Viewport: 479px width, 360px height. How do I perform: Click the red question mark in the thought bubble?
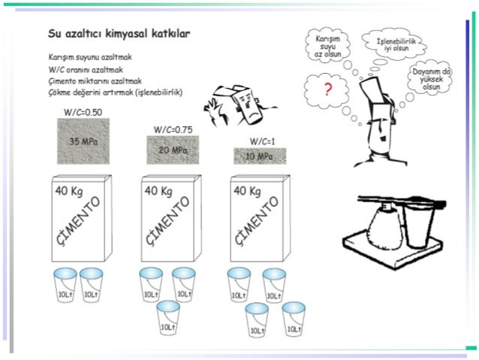coord(327,91)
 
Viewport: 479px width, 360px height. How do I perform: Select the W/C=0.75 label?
coord(173,129)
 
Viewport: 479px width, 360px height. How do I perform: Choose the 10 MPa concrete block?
coord(261,156)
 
